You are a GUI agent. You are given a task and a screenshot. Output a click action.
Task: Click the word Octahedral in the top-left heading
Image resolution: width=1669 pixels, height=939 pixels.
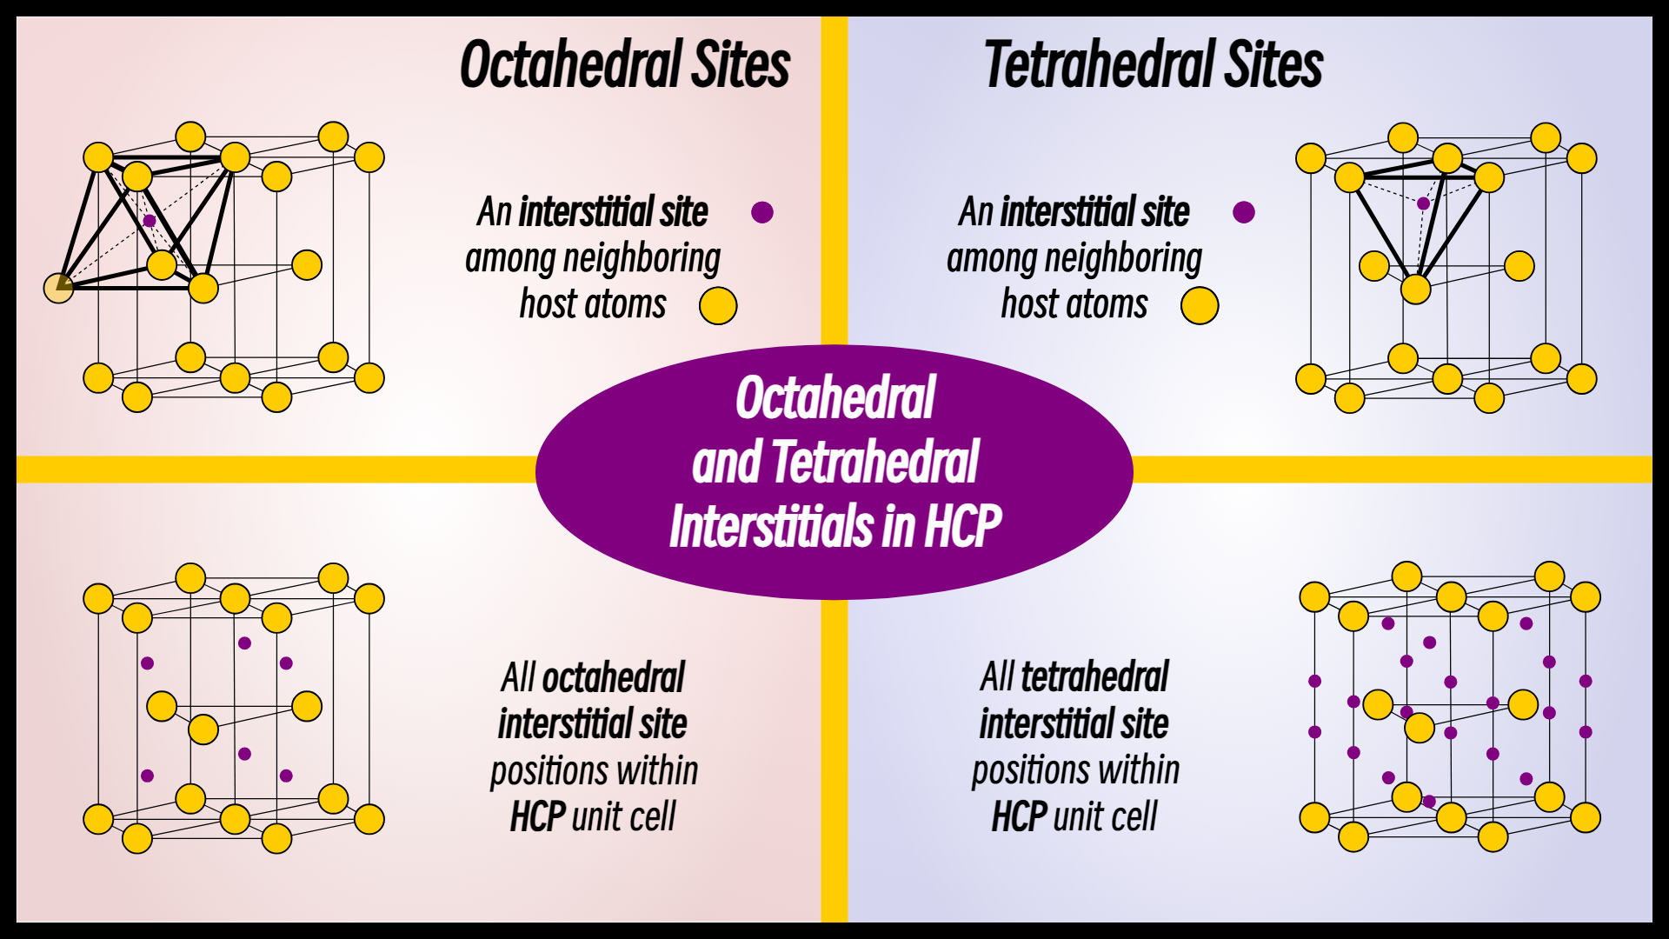tap(570, 65)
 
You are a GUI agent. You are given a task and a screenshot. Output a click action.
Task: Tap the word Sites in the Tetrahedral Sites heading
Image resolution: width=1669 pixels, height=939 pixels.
tap(1273, 65)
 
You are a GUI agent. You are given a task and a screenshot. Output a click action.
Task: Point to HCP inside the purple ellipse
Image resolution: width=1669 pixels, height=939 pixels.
tap(962, 526)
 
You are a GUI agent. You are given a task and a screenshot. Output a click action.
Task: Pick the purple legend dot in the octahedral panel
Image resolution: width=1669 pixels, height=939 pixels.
tap(762, 212)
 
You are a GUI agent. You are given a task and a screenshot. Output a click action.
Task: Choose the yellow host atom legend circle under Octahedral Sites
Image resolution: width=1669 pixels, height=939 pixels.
tap(718, 306)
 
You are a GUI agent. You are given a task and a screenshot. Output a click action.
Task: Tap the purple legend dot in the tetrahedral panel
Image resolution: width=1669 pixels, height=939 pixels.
tap(1244, 212)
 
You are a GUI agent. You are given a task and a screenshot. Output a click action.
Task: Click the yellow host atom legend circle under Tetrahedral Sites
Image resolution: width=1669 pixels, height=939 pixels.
tap(1200, 306)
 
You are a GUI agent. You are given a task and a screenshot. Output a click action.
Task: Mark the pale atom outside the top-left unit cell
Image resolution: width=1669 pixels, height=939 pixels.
tap(58, 288)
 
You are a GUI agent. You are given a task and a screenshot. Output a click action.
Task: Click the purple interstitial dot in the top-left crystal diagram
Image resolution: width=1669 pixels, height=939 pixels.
tap(150, 221)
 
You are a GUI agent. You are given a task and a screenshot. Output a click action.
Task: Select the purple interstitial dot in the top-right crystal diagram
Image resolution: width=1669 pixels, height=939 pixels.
tap(1423, 203)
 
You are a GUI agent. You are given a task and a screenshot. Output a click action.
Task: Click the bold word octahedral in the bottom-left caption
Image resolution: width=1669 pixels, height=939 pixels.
tap(614, 678)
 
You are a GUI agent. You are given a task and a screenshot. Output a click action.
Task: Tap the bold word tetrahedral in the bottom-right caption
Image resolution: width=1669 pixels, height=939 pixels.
tap(1094, 677)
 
